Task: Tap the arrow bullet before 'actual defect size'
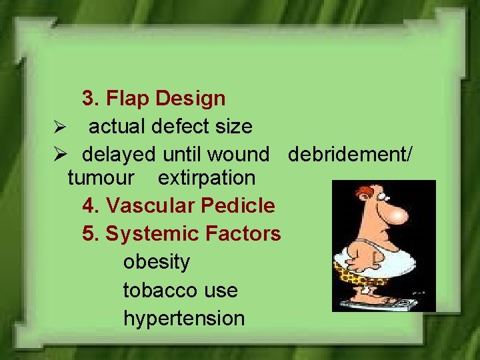click(58, 127)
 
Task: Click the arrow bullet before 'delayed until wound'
click(58, 155)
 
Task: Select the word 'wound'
click(238, 155)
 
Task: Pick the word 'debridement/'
click(350, 155)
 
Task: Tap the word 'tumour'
click(101, 178)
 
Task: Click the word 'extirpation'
click(206, 178)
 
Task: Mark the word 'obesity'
click(156, 262)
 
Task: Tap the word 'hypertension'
click(184, 318)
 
